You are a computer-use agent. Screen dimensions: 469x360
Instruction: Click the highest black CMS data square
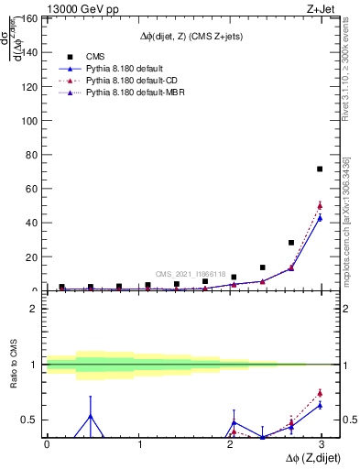320,169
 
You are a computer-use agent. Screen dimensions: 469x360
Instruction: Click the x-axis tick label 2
232,444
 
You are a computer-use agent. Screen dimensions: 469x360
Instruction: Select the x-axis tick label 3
323,444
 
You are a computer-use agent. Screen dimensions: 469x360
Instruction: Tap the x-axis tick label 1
139,444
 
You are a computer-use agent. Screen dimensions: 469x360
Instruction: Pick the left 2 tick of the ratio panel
34,309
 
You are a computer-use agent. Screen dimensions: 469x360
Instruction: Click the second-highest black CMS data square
291,243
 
